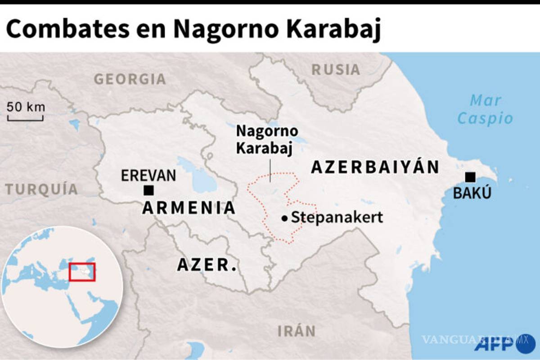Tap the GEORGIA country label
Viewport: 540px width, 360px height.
coord(130,79)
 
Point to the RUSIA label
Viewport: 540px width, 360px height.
coord(336,70)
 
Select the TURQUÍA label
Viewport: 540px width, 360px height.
coord(42,189)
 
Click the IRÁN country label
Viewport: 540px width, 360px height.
coord(296,332)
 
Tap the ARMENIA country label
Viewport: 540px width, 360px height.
coord(189,208)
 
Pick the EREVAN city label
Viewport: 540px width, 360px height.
coord(148,175)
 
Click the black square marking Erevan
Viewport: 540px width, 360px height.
coord(148,190)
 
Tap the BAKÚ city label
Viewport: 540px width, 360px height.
coord(472,193)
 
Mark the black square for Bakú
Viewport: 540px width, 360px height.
coord(471,177)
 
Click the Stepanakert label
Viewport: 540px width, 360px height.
coord(337,218)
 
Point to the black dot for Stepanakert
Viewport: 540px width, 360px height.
coord(284,219)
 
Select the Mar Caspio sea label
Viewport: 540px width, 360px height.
coord(485,109)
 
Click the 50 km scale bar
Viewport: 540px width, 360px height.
coord(26,118)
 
